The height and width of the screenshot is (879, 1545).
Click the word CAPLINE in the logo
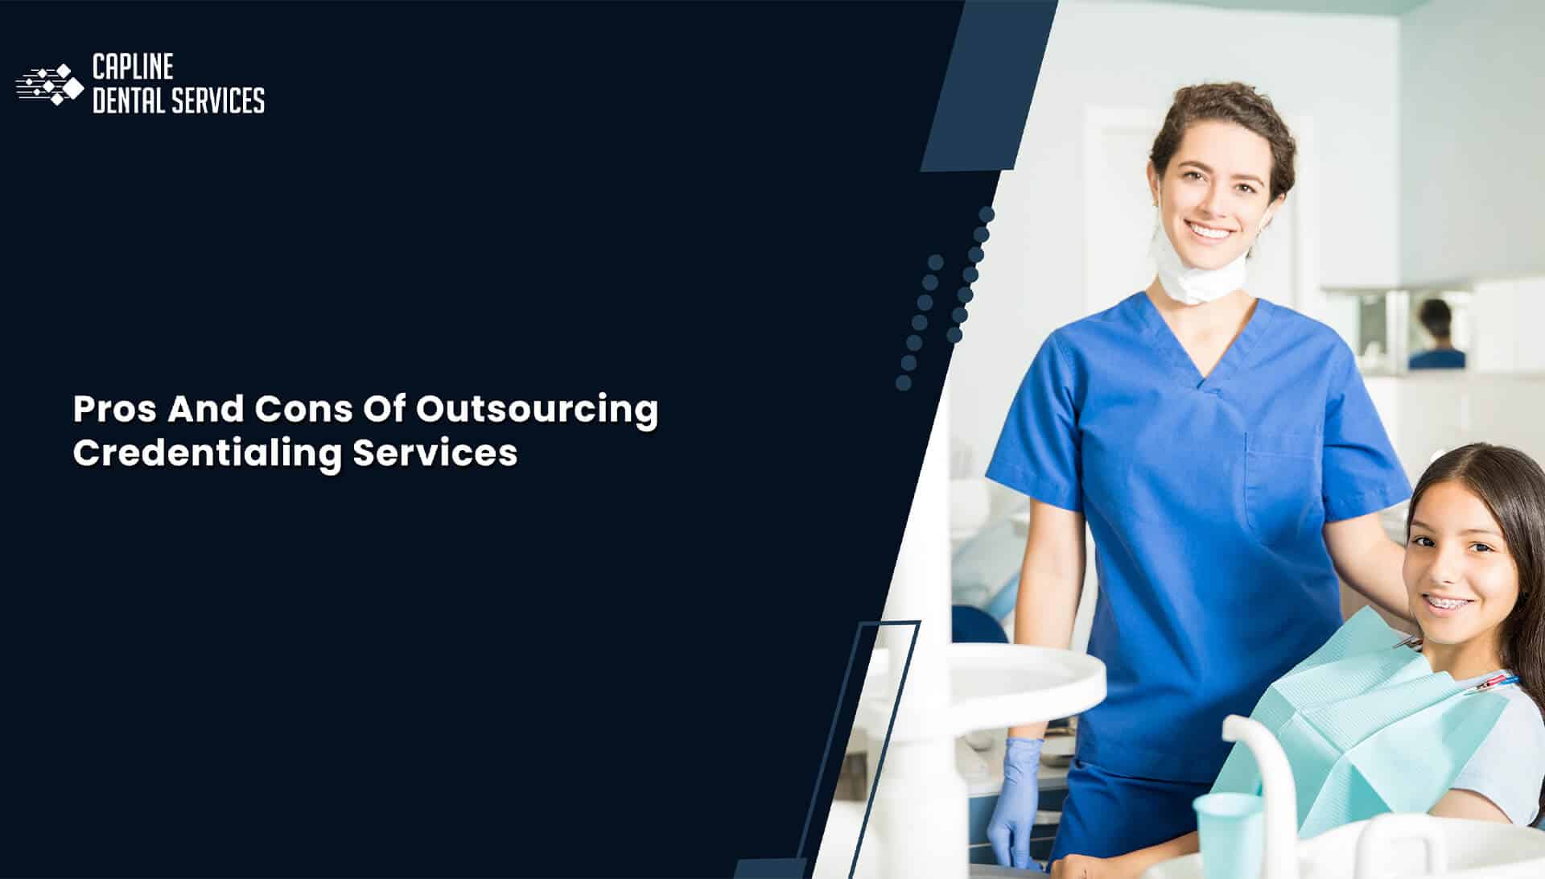pos(133,67)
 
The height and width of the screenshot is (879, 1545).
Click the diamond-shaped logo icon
pos(50,85)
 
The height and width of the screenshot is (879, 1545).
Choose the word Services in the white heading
pos(435,452)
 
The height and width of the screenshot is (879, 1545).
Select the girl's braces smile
pos(1448,602)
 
